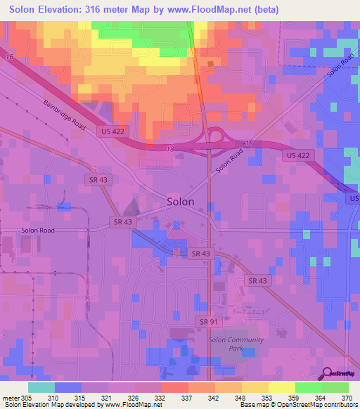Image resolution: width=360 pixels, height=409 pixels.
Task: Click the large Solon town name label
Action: (181, 202)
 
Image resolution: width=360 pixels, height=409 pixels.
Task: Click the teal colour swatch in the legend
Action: (41, 387)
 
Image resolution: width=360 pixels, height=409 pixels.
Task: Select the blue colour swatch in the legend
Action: (68, 387)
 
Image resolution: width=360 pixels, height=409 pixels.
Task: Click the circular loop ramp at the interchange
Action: (214, 136)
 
